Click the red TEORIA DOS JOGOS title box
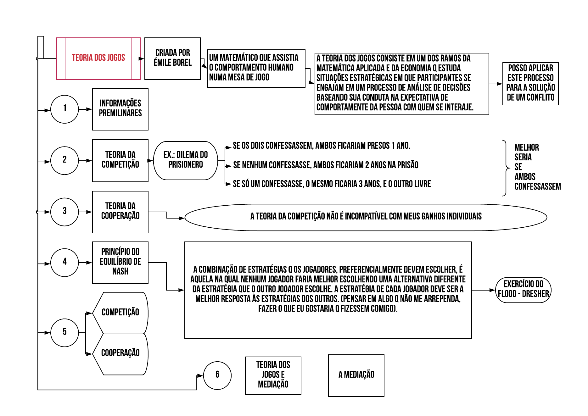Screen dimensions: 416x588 click(x=98, y=58)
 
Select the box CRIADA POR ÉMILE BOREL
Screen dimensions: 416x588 click(x=172, y=58)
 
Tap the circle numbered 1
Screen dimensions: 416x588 click(x=64, y=109)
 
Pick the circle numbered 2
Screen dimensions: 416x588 click(x=64, y=160)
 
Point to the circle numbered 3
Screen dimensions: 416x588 click(x=64, y=212)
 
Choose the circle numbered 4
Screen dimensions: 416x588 click(x=64, y=263)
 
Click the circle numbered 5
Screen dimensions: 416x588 click(x=64, y=333)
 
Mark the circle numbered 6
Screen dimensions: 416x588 click(x=217, y=375)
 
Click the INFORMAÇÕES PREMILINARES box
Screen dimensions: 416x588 click(x=120, y=109)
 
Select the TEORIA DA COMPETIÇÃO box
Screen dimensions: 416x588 click(x=120, y=160)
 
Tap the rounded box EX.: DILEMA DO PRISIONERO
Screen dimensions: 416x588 click(x=185, y=160)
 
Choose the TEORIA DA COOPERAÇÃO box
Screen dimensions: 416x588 click(x=120, y=212)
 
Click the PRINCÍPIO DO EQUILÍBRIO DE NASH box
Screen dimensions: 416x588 click(x=120, y=263)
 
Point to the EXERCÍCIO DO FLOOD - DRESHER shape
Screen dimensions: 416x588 click(x=523, y=290)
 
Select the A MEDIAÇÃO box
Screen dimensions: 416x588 click(x=356, y=375)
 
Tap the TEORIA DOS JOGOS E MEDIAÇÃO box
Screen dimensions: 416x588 click(x=273, y=375)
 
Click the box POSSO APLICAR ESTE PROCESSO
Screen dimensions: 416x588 click(x=530, y=84)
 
